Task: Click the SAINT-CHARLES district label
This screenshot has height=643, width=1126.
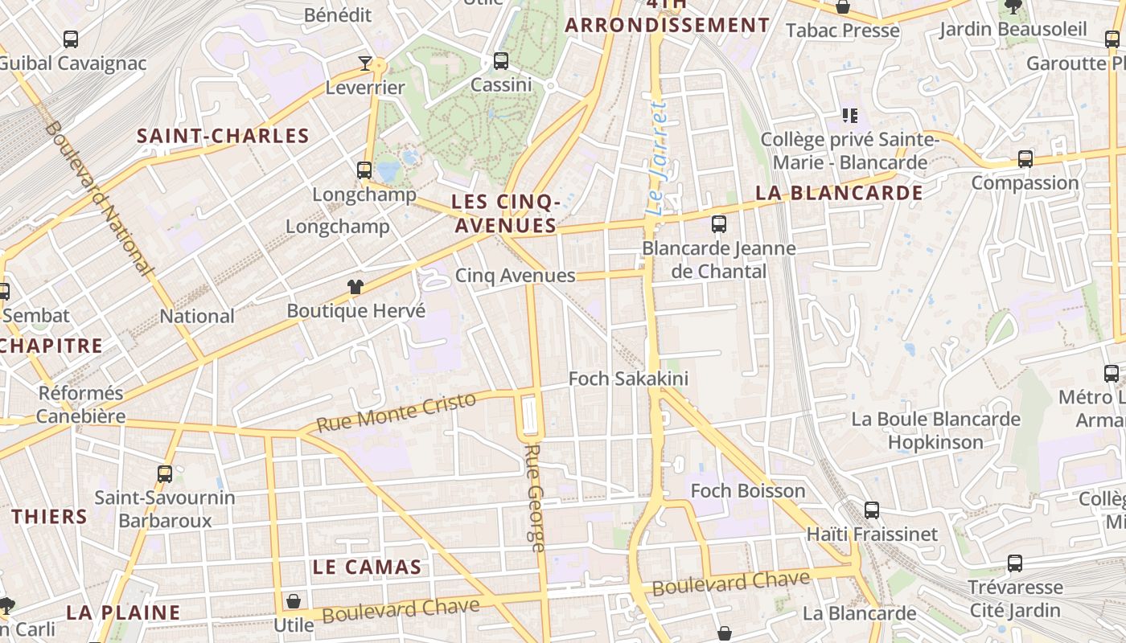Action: (224, 136)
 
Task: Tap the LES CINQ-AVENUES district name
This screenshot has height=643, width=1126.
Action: (505, 213)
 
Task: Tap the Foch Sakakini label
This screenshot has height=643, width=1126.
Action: (628, 379)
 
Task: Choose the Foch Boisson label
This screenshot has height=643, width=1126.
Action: (747, 490)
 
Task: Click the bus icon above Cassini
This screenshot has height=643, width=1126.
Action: (501, 60)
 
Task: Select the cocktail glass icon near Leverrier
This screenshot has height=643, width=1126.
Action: (365, 63)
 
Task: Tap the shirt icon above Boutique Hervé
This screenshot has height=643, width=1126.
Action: (355, 287)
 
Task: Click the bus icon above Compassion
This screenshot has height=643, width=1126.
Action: (1025, 159)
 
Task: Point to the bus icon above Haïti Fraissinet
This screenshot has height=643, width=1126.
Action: (871, 510)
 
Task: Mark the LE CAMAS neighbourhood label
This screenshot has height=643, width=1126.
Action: (367, 567)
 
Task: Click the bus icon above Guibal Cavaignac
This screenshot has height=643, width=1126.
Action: (71, 39)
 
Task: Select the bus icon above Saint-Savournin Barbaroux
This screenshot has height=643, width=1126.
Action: (165, 474)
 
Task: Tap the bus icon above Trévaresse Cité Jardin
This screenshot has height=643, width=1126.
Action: (1015, 563)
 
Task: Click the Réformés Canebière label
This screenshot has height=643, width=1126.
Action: (81, 404)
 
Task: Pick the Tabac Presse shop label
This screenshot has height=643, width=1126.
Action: (842, 31)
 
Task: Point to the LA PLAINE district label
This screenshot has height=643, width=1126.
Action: (123, 612)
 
